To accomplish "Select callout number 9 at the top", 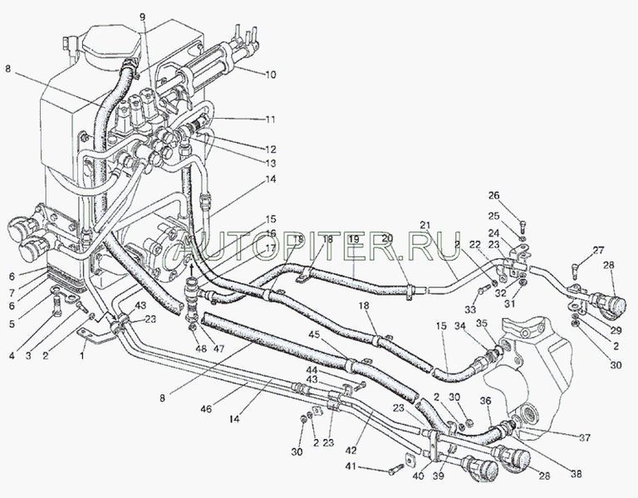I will pyautogui.click(x=142, y=17).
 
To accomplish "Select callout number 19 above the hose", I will pyautogui.click(x=353, y=239).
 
